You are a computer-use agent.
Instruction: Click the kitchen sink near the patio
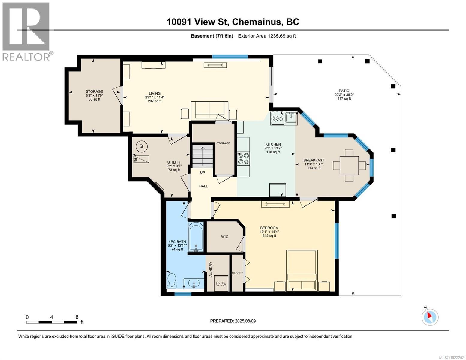point(291,117)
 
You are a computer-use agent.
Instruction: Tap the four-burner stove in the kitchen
point(243,158)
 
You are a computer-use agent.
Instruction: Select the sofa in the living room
point(209,110)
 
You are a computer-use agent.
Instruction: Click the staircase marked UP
point(203,156)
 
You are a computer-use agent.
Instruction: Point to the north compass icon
point(430,317)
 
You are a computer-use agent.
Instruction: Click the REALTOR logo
point(26,31)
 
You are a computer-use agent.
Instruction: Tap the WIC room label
point(225,237)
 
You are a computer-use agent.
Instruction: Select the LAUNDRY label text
point(211,270)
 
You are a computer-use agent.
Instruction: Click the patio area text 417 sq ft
point(344,98)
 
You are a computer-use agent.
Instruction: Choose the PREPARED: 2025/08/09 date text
point(233,321)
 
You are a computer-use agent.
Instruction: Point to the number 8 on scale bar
point(77,317)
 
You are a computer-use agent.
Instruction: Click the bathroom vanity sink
point(194,283)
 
